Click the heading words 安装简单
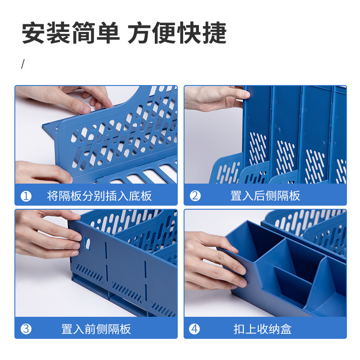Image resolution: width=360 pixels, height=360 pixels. [x=71, y=33]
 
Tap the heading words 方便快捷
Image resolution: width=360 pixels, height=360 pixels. [x=177, y=33]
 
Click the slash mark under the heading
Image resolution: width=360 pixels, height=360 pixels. [x=23, y=64]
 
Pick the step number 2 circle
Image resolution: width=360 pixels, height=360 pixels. [x=195, y=196]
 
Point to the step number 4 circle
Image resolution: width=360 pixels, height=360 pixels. [x=195, y=329]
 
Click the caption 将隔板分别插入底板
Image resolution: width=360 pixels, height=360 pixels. [x=99, y=196]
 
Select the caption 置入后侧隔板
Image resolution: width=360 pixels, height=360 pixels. [x=265, y=196]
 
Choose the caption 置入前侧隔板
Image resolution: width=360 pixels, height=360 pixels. [x=96, y=329]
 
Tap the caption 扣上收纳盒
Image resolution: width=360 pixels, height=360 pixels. [x=262, y=329]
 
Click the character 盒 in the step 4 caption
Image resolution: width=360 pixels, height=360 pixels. [x=286, y=329]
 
